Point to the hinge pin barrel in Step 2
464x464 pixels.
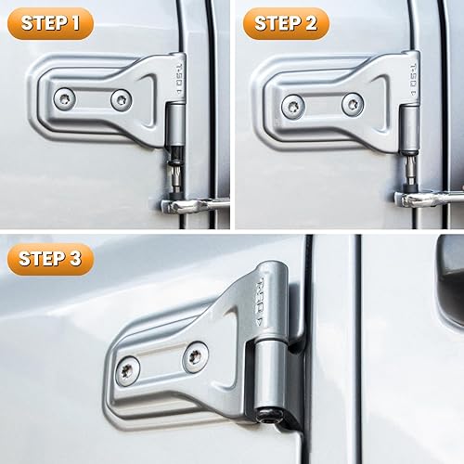(407, 135)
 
